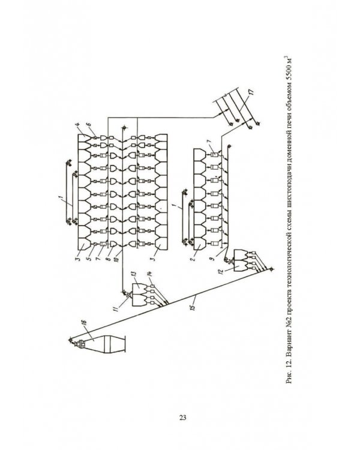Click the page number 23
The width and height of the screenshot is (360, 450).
(x=183, y=417)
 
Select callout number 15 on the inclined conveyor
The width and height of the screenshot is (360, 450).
(x=193, y=306)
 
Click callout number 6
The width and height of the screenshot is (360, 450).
(x=89, y=125)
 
